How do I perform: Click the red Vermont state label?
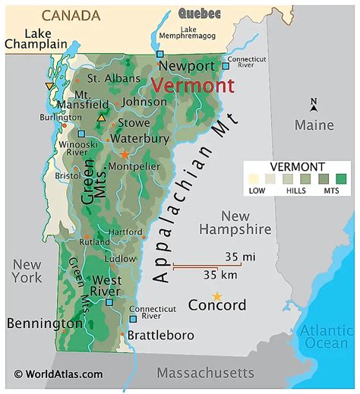pos(192,85)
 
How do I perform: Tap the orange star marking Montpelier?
pos(125,154)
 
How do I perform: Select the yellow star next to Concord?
pos(217,296)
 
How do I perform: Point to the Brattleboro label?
pos(160,335)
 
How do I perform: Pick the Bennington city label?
pos(45,323)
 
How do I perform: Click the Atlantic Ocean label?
pos(326,336)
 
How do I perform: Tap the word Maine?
pos(314,124)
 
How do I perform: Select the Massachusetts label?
pos(205,373)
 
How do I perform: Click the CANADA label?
pos(71,15)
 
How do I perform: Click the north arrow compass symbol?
pos(314,105)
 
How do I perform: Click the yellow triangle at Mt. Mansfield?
pos(102,118)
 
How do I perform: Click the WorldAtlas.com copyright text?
pos(58,374)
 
